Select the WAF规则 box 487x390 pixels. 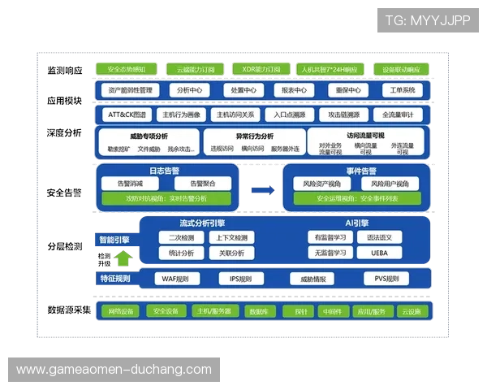[176, 279]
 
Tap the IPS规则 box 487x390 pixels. [241, 279]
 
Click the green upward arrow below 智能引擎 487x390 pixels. [121, 259]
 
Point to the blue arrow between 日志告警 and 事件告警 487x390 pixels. [261, 189]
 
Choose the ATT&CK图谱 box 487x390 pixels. [127, 115]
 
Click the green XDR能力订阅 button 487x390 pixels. [261, 70]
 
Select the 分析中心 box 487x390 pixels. [190, 90]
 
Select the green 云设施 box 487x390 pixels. [411, 312]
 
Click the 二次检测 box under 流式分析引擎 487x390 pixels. [181, 237]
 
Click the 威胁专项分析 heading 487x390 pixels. [149, 136]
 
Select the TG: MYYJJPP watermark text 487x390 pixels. [428, 20]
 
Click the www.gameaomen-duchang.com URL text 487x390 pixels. [114, 370]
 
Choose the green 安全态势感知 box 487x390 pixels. [127, 70]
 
